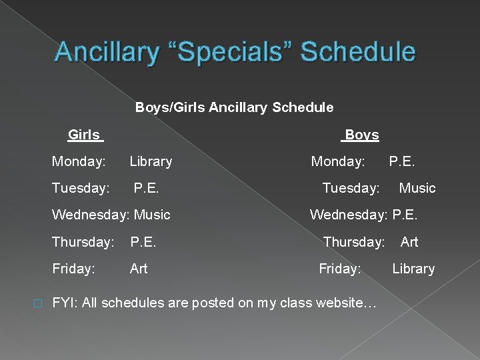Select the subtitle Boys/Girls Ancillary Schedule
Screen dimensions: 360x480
coord(235,107)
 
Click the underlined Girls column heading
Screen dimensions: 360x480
coord(84,135)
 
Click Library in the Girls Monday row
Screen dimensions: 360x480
coord(151,161)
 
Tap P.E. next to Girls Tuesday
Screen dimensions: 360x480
coord(146,188)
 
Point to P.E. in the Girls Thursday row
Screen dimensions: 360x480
coord(143,241)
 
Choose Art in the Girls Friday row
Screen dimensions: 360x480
coord(139,268)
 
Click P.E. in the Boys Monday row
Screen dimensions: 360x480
coord(401,161)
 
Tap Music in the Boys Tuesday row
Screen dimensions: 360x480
coord(417,188)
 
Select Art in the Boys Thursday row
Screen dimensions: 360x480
coord(409,241)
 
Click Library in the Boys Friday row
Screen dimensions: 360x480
coord(413,268)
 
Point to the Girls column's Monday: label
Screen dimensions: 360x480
coord(79,161)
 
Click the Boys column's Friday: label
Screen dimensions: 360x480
coord(340,268)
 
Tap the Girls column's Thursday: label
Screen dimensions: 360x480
coord(83,241)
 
